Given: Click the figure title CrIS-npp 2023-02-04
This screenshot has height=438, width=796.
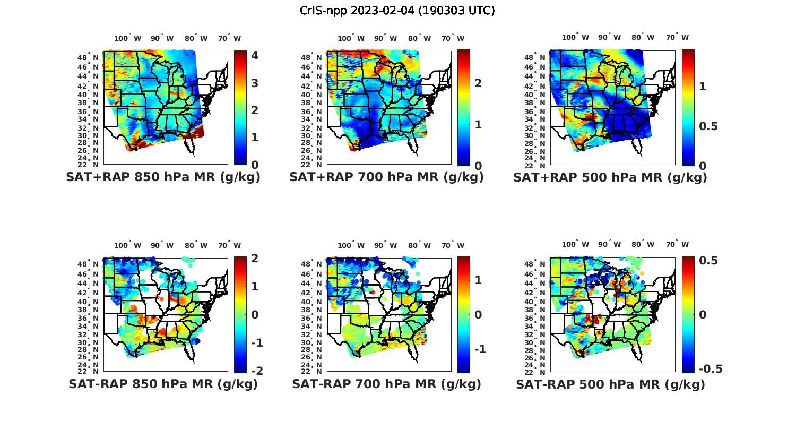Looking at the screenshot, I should (x=397, y=11).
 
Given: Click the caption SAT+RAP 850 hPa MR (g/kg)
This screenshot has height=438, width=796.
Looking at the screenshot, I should (x=163, y=177).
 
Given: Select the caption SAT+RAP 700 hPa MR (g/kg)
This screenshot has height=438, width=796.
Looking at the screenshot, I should (x=386, y=177).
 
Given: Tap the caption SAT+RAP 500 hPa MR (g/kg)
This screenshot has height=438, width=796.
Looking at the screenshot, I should (x=610, y=177).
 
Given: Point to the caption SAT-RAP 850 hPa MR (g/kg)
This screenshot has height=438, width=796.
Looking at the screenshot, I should (x=163, y=384).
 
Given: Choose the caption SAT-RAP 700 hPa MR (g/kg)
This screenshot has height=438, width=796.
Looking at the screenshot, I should (x=386, y=384).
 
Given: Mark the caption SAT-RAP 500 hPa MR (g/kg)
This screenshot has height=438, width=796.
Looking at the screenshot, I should (x=610, y=384).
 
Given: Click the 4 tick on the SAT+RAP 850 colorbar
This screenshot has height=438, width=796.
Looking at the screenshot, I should (x=255, y=56).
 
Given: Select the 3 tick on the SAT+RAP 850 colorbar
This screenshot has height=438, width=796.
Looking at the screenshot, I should (x=255, y=83).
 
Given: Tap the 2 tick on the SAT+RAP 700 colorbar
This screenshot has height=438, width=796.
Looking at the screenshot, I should (x=478, y=83).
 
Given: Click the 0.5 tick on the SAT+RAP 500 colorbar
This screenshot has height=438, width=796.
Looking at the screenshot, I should (x=708, y=126).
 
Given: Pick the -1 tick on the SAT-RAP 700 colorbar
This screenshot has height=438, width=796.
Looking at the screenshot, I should (x=480, y=349).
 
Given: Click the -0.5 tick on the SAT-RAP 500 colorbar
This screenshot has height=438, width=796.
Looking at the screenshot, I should (x=711, y=368).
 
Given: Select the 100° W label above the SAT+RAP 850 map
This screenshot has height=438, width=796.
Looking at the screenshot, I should (x=128, y=38).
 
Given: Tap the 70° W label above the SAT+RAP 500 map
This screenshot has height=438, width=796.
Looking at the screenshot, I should (x=677, y=37).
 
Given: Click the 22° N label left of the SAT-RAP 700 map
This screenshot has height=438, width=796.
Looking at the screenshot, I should (x=315, y=371).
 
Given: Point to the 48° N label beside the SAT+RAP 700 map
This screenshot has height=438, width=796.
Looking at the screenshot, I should (x=315, y=57).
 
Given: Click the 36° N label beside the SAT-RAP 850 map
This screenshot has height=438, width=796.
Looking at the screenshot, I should (x=92, y=318).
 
